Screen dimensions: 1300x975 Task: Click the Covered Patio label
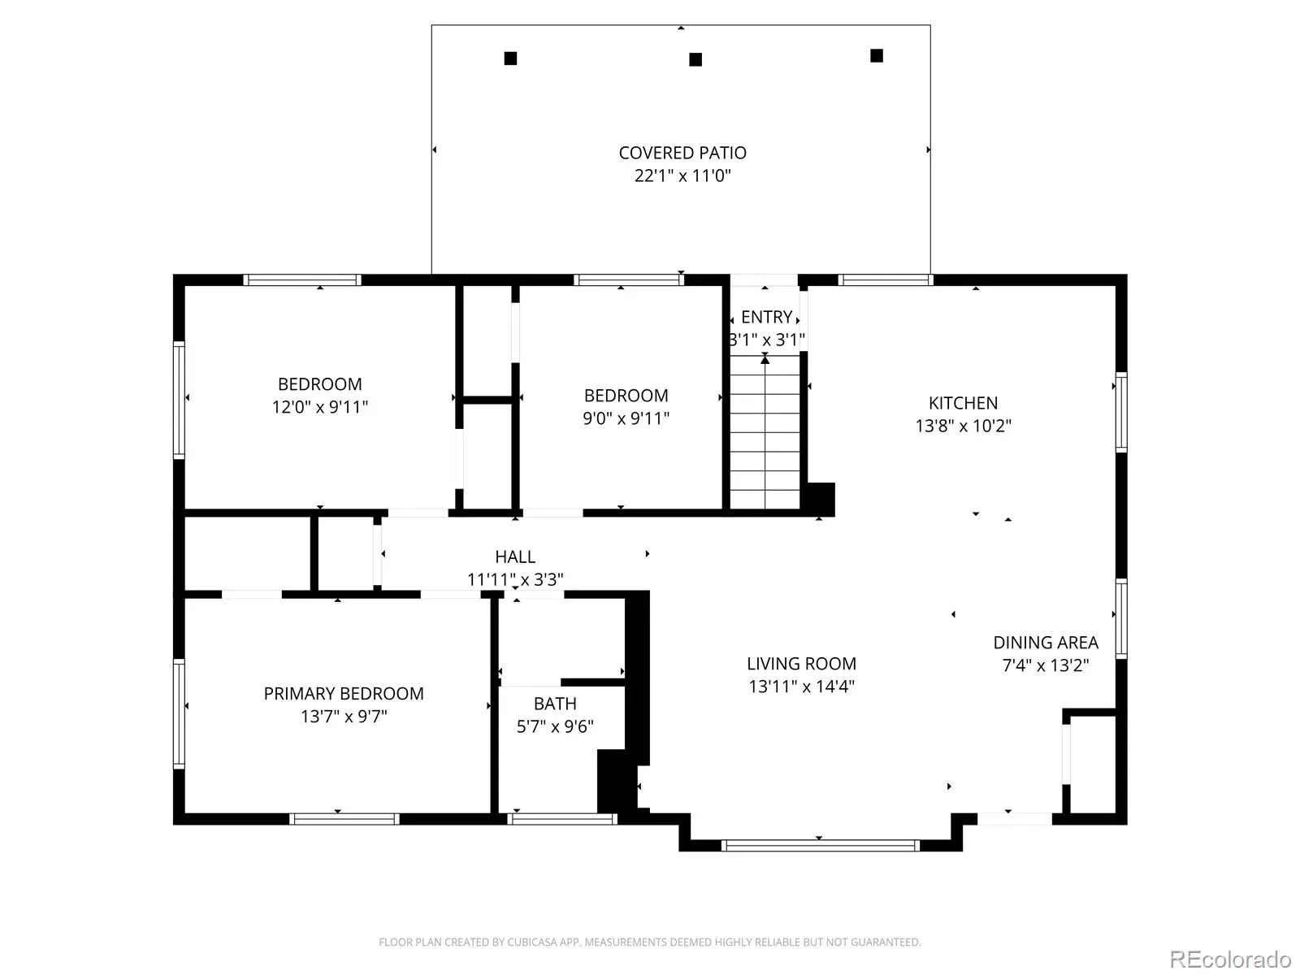(682, 153)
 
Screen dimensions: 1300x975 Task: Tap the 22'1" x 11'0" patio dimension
(682, 175)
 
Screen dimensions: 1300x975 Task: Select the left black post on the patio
(510, 58)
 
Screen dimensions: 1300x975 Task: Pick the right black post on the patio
(877, 55)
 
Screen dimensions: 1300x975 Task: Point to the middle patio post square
(695, 59)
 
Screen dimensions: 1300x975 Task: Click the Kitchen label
(963, 403)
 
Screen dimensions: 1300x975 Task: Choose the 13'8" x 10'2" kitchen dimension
(963, 427)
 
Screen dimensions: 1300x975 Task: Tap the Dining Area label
(1046, 643)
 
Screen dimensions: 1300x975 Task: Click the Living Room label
(801, 664)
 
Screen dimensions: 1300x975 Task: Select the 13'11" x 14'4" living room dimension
(801, 687)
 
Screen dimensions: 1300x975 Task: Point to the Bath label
(555, 704)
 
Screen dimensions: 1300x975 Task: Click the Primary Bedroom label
(344, 693)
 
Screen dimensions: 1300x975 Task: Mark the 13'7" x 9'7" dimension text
(344, 717)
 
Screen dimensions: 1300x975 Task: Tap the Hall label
(515, 557)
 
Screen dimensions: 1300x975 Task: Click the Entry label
(766, 318)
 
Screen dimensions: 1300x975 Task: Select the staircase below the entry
(765, 431)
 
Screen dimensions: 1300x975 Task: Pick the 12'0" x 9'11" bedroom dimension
(320, 407)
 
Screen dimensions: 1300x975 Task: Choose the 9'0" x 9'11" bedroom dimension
(626, 418)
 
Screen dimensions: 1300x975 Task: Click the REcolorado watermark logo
(1230, 959)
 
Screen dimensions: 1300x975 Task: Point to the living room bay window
(821, 845)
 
